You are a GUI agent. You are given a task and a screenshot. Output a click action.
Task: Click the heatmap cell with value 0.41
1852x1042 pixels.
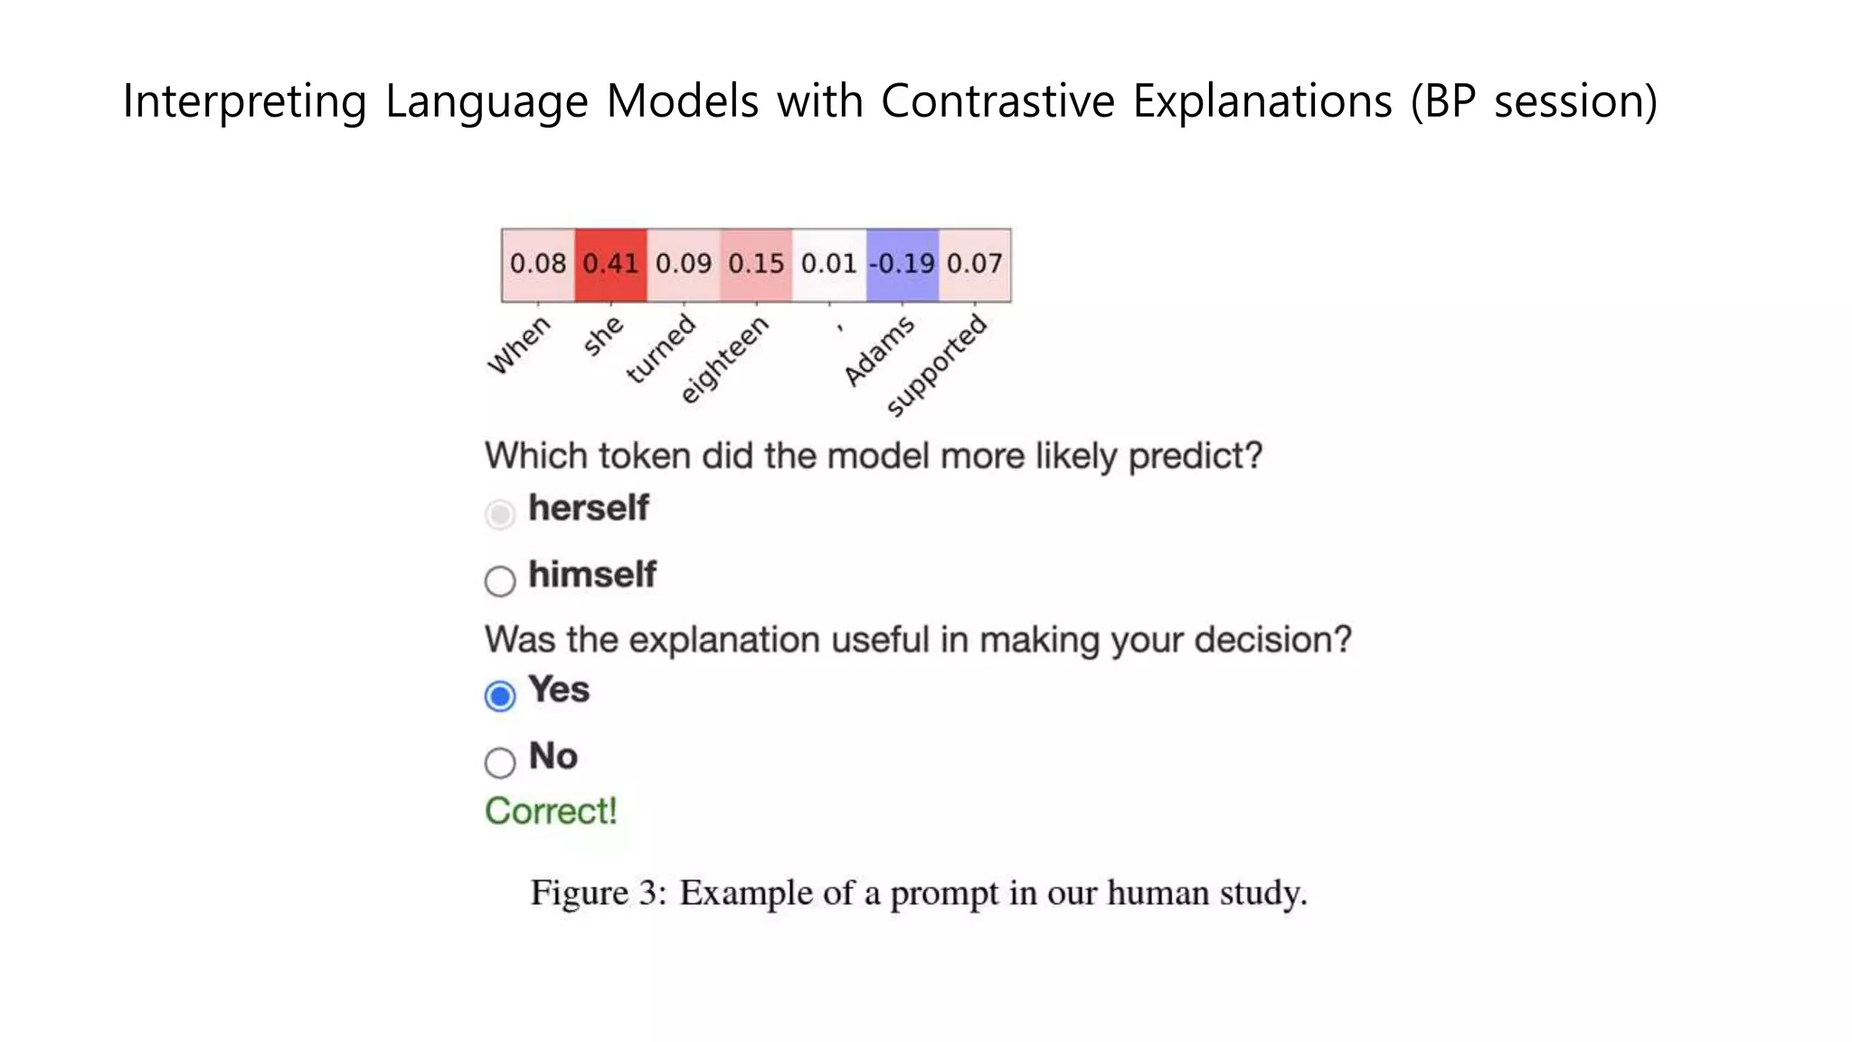[610, 264]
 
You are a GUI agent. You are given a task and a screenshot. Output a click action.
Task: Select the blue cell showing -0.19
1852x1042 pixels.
[902, 264]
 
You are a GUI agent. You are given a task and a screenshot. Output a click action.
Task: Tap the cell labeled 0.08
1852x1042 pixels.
[538, 264]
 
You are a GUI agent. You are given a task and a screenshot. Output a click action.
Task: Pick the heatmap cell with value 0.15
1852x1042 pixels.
[756, 264]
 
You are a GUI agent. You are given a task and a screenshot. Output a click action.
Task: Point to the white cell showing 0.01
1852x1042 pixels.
[828, 264]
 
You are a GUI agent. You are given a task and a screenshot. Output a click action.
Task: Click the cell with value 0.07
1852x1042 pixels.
[975, 264]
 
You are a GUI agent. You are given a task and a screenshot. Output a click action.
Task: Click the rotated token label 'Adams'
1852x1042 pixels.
[878, 352]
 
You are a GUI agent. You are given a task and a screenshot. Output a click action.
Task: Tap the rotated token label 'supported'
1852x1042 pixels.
[936, 365]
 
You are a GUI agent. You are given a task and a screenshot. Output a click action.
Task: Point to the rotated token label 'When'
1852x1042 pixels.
[519, 345]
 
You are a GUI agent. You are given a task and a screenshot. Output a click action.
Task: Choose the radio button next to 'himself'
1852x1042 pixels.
[500, 581]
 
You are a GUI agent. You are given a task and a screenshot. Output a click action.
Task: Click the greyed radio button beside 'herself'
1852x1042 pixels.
[500, 514]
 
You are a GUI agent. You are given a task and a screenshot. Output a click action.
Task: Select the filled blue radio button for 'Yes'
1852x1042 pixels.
[500, 696]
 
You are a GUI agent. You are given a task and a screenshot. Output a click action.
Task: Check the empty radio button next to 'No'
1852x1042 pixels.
[500, 763]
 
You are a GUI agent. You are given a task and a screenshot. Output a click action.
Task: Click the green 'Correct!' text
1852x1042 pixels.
[551, 811]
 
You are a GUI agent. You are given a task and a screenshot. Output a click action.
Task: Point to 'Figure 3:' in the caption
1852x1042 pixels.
[598, 894]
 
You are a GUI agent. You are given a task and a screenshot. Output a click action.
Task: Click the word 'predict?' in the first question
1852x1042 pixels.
[1195, 456]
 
